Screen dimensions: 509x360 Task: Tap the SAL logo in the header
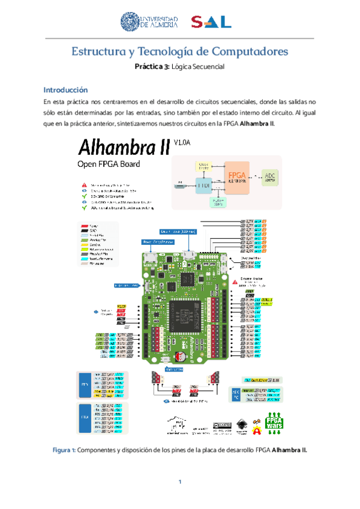click(211, 22)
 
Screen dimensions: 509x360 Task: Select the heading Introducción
click(66, 89)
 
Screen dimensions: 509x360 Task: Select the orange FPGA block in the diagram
click(236, 176)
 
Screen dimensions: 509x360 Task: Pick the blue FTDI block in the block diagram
click(204, 185)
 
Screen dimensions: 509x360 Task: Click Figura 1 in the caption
click(63, 450)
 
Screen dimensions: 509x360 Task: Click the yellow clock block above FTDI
click(203, 164)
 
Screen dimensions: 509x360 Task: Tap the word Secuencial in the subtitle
click(206, 67)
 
